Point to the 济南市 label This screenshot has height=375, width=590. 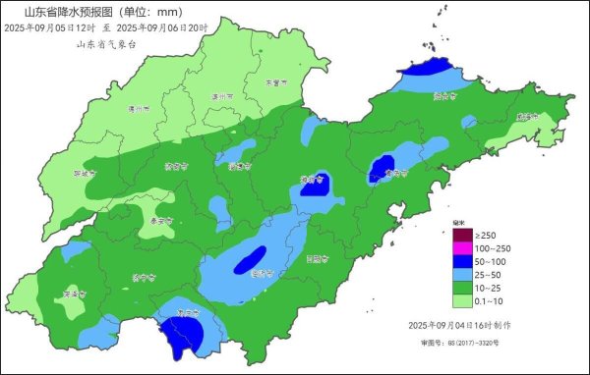(x=177, y=167)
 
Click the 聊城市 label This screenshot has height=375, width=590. (x=87, y=173)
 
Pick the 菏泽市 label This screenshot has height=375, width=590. (x=73, y=293)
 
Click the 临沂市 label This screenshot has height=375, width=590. (x=260, y=274)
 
